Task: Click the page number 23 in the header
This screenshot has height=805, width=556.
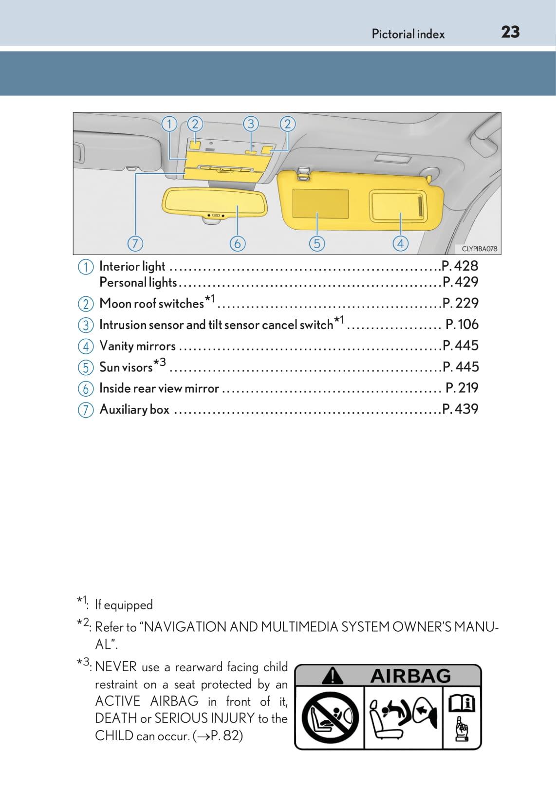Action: pyautogui.click(x=510, y=32)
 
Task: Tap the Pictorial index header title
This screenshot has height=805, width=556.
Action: pyautogui.click(x=408, y=34)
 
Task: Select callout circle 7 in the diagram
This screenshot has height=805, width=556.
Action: pyautogui.click(x=135, y=243)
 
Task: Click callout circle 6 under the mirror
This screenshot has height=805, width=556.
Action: pyautogui.click(x=237, y=243)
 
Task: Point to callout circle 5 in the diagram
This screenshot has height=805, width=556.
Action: pyautogui.click(x=317, y=243)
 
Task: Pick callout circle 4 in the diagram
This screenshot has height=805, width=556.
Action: pyautogui.click(x=400, y=243)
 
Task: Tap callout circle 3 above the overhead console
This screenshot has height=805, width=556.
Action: pyautogui.click(x=251, y=124)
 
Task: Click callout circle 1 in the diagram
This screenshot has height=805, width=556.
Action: pyautogui.click(x=169, y=124)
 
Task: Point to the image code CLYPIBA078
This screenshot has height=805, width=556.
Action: pyautogui.click(x=479, y=249)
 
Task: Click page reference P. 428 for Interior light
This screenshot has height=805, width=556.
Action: pyautogui.click(x=460, y=266)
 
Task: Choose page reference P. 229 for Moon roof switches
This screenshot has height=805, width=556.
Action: pyautogui.click(x=461, y=303)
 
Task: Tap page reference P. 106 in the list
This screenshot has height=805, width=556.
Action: pyautogui.click(x=462, y=324)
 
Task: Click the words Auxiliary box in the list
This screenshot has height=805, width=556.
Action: pyautogui.click(x=134, y=409)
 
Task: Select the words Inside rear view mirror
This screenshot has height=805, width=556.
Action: pyautogui.click(x=159, y=388)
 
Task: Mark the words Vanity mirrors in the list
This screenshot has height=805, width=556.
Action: pyautogui.click(x=137, y=346)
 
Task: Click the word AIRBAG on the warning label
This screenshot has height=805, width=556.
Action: pyautogui.click(x=410, y=676)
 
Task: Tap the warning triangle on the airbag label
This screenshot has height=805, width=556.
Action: pyautogui.click(x=333, y=676)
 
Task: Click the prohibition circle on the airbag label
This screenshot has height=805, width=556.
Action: pyautogui.click(x=330, y=717)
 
